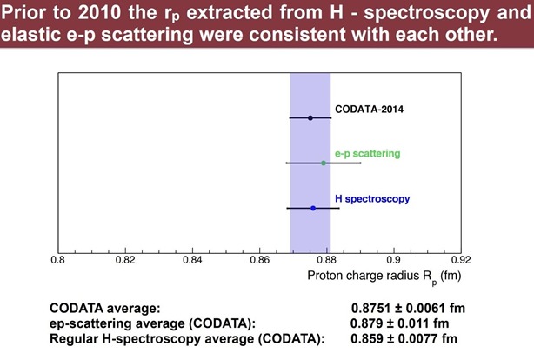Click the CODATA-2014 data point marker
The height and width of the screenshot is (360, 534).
[x=310, y=117]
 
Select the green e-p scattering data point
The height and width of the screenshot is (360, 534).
[x=324, y=163]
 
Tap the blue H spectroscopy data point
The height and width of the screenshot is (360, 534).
[x=313, y=208]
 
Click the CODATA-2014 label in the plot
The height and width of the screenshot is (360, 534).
[x=368, y=110]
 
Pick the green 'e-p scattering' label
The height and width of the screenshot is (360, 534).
[x=367, y=153]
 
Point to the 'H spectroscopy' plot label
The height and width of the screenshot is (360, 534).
[x=372, y=198]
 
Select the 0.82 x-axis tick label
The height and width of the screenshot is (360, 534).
[x=125, y=259]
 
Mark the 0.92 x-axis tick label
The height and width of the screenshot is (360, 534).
[x=460, y=259]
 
